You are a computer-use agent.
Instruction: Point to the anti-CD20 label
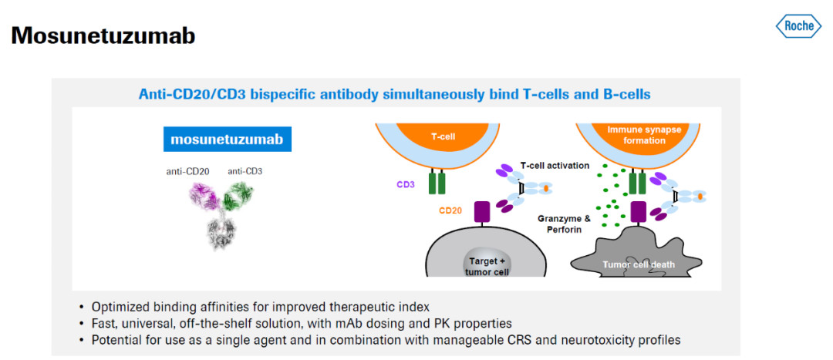click(x=188, y=171)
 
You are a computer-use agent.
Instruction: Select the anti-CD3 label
click(x=245, y=171)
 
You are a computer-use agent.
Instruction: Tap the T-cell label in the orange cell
click(x=443, y=136)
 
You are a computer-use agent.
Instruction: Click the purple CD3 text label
click(x=405, y=184)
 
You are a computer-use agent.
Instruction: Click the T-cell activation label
click(x=555, y=166)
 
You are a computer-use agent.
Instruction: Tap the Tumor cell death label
click(x=640, y=264)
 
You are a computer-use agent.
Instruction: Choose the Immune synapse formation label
click(x=644, y=135)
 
